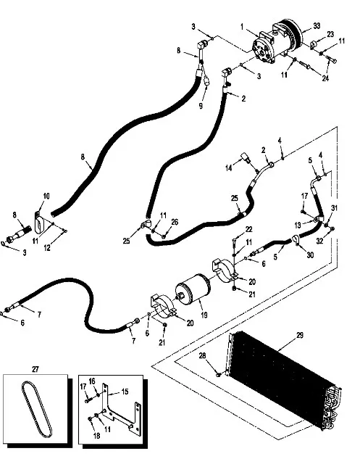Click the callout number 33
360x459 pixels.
[317, 26]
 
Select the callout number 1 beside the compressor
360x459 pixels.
[242, 27]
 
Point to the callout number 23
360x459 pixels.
[330, 34]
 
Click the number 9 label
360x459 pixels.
[201, 105]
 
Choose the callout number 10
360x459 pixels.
[46, 196]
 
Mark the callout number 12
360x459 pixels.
[47, 247]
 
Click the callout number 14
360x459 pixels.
[229, 168]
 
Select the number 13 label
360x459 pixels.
[298, 225]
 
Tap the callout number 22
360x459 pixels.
[249, 229]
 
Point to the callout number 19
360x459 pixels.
[204, 315]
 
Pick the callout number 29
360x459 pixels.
[300, 335]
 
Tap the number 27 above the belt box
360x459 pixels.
[35, 369]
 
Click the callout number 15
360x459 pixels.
[125, 392]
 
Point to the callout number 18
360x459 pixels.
[96, 436]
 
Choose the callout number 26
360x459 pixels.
[175, 222]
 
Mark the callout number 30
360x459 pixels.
[310, 255]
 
